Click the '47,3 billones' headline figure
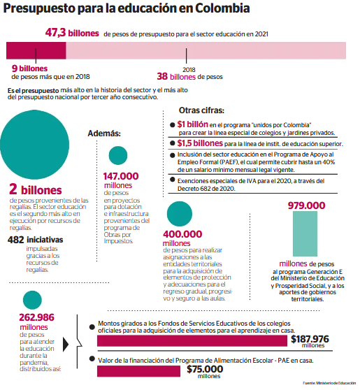click(x=72, y=33)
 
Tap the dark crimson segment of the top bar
click(x=36, y=50)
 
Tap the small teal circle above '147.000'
click(x=118, y=156)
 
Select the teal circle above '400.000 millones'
click(x=181, y=213)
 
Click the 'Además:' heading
click(x=104, y=133)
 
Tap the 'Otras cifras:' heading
click(x=201, y=110)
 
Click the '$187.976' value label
click(x=310, y=339)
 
